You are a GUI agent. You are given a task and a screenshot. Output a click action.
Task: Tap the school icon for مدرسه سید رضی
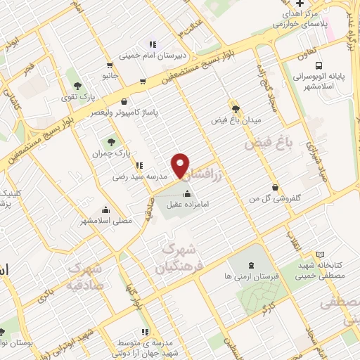click(x=139, y=166)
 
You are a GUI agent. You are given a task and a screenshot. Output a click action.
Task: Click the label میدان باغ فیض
click(x=235, y=120)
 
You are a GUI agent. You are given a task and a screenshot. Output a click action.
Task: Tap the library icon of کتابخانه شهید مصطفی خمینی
click(x=321, y=255)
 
